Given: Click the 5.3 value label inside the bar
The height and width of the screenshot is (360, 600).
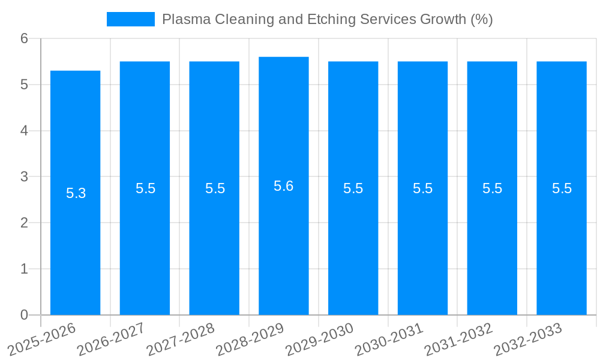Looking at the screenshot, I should point(76,193).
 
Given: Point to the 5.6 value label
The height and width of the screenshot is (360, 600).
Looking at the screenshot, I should point(283,186).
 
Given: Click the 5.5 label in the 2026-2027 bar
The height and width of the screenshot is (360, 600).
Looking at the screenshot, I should point(145,188).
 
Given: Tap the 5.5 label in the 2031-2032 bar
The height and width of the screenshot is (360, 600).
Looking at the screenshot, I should point(492,188).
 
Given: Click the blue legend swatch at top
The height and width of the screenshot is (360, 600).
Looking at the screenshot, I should point(130,19).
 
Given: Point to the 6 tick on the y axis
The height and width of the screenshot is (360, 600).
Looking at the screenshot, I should point(24,38).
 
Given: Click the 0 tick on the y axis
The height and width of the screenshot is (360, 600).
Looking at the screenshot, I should point(24,315).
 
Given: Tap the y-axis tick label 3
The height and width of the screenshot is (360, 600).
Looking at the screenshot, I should point(24,177).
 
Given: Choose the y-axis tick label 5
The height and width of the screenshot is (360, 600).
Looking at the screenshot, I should point(24,85).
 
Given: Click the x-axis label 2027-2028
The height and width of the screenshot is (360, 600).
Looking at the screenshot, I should point(181,339).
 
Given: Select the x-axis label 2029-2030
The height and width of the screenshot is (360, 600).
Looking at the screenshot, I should point(319,339).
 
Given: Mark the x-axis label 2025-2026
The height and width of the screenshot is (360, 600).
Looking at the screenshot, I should point(42,339).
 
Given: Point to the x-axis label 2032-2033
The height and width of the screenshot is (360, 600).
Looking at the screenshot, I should point(527,339).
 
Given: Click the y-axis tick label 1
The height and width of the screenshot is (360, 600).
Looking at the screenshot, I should point(24,269).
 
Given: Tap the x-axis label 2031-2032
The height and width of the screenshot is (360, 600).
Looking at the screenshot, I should point(458,339).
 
